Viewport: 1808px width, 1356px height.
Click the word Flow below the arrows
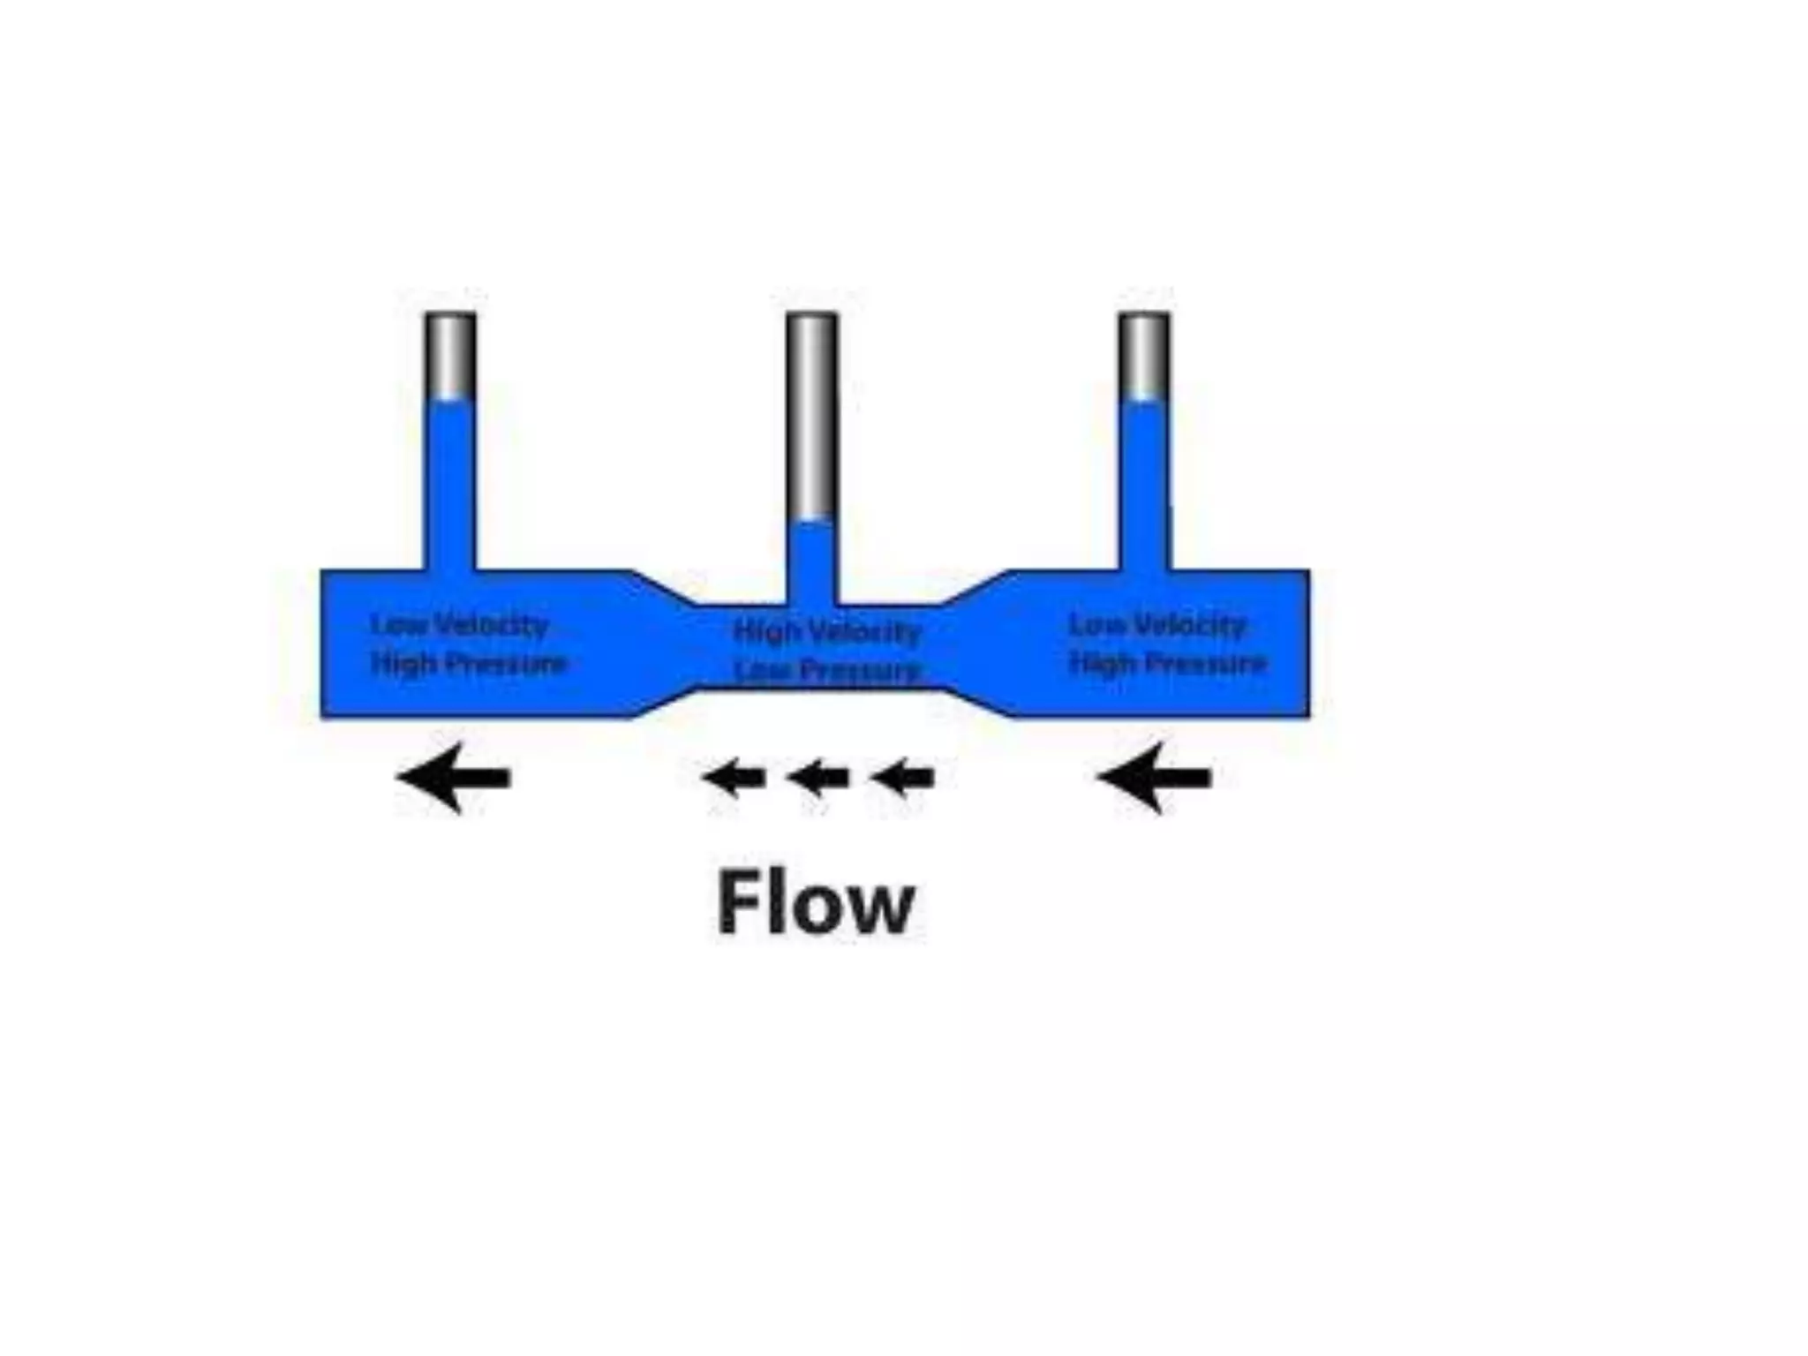pos(815,902)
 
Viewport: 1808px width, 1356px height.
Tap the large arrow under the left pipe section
pos(454,778)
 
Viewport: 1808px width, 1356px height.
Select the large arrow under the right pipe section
pos(1154,778)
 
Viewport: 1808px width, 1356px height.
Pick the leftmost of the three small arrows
pos(734,778)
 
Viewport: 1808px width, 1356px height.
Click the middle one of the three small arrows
pos(817,778)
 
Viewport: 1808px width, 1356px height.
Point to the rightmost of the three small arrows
pos(901,778)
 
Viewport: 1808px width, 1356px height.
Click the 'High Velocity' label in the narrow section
pos(827,631)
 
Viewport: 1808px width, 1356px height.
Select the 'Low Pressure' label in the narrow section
pos(827,672)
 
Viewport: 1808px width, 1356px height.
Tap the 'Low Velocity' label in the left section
pos(459,625)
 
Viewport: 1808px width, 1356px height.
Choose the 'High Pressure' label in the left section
pos(468,663)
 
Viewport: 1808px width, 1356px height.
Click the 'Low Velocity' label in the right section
pos(1156,625)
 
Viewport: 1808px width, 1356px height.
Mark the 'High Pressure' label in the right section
pos(1167,663)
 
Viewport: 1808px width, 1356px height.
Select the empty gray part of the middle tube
pos(811,415)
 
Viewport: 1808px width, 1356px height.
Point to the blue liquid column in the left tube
pos(450,486)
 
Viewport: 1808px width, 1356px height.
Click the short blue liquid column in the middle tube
pos(811,561)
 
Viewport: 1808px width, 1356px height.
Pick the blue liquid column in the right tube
pos(1144,486)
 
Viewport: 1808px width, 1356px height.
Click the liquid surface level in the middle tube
pos(811,522)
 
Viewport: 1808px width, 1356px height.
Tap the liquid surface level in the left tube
pos(450,402)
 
